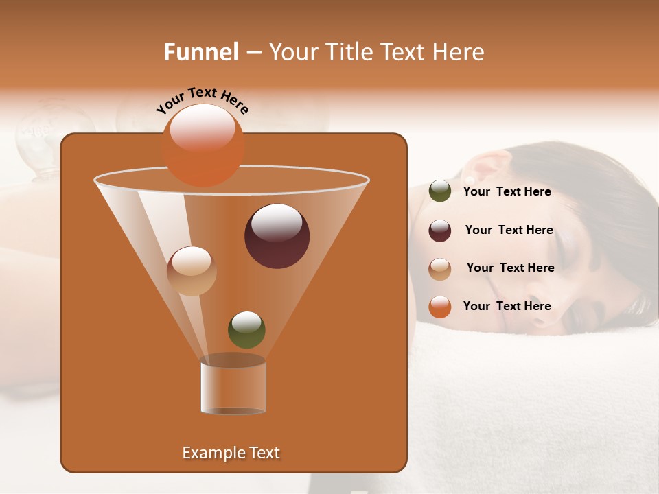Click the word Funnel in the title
(x=200, y=52)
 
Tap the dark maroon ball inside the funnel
(x=277, y=236)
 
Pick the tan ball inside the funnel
(x=192, y=271)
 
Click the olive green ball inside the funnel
(x=246, y=329)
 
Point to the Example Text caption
(x=231, y=453)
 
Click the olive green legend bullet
(x=439, y=191)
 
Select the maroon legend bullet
(x=439, y=231)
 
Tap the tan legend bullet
(x=439, y=268)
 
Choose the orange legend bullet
(x=439, y=307)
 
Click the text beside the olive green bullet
(x=507, y=192)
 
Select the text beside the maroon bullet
(x=509, y=231)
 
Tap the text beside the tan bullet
(x=510, y=268)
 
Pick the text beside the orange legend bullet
(x=507, y=307)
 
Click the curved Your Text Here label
(x=202, y=100)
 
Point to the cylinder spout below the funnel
(x=233, y=388)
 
